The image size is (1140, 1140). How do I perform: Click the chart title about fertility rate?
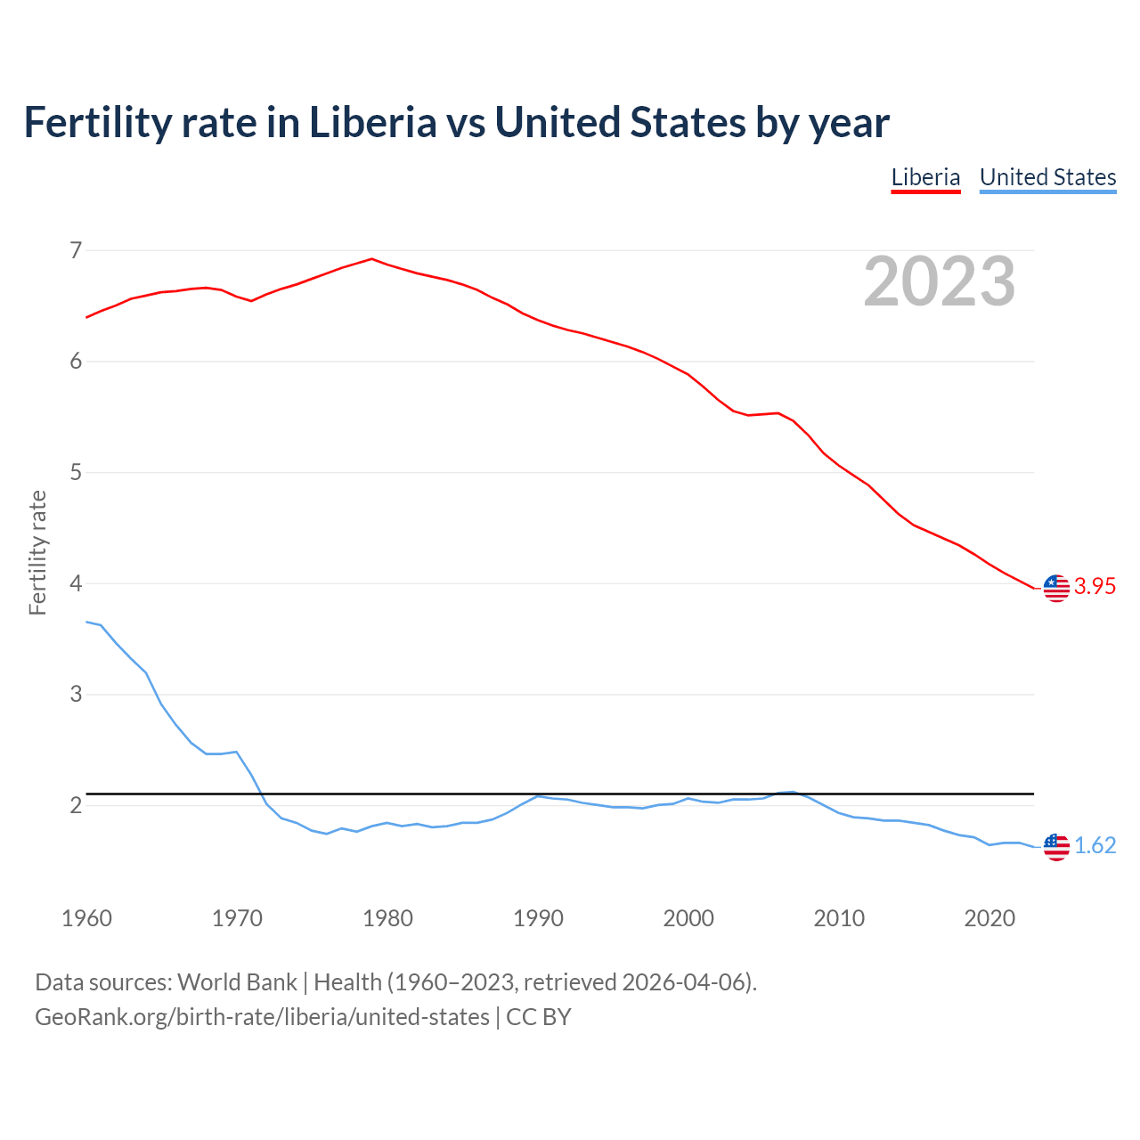pos(456,123)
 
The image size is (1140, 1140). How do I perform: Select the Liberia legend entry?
pos(925,177)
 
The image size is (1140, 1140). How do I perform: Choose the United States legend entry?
pos(1047,177)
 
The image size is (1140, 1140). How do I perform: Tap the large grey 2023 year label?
pos(939,281)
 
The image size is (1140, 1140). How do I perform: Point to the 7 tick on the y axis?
pos(76,250)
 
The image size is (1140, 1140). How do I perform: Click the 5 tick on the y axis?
pos(76,472)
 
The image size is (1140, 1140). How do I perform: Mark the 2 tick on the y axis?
pos(76,805)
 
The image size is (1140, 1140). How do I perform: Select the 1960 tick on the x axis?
pos(86,918)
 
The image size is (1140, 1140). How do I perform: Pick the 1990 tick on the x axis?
pos(538,918)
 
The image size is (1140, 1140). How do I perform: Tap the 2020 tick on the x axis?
pos(989,918)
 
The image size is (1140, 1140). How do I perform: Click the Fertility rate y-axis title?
pos(37,552)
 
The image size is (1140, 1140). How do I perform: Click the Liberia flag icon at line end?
pos(1056,588)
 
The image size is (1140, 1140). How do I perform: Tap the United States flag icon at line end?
pos(1056,847)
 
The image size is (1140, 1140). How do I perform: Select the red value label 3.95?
pos(1095,586)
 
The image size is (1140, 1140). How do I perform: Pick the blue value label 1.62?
pos(1095,845)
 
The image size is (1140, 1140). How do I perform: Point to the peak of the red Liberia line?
pos(371,259)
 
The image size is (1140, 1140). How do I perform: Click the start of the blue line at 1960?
pos(86,622)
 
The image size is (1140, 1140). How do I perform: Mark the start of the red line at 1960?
pos(86,317)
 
